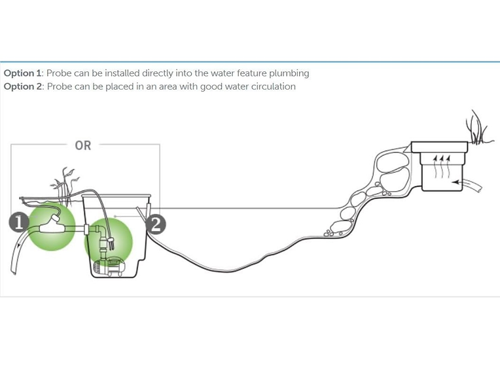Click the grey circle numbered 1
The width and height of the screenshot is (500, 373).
18,222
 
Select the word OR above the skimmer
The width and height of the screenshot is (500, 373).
83,145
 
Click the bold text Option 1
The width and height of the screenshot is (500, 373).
22,73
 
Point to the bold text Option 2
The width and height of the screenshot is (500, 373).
23,86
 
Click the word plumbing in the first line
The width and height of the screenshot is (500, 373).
289,73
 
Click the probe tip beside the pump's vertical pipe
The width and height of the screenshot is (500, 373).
111,245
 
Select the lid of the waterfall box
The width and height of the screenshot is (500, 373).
438,147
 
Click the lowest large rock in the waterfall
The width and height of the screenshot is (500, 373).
341,226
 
